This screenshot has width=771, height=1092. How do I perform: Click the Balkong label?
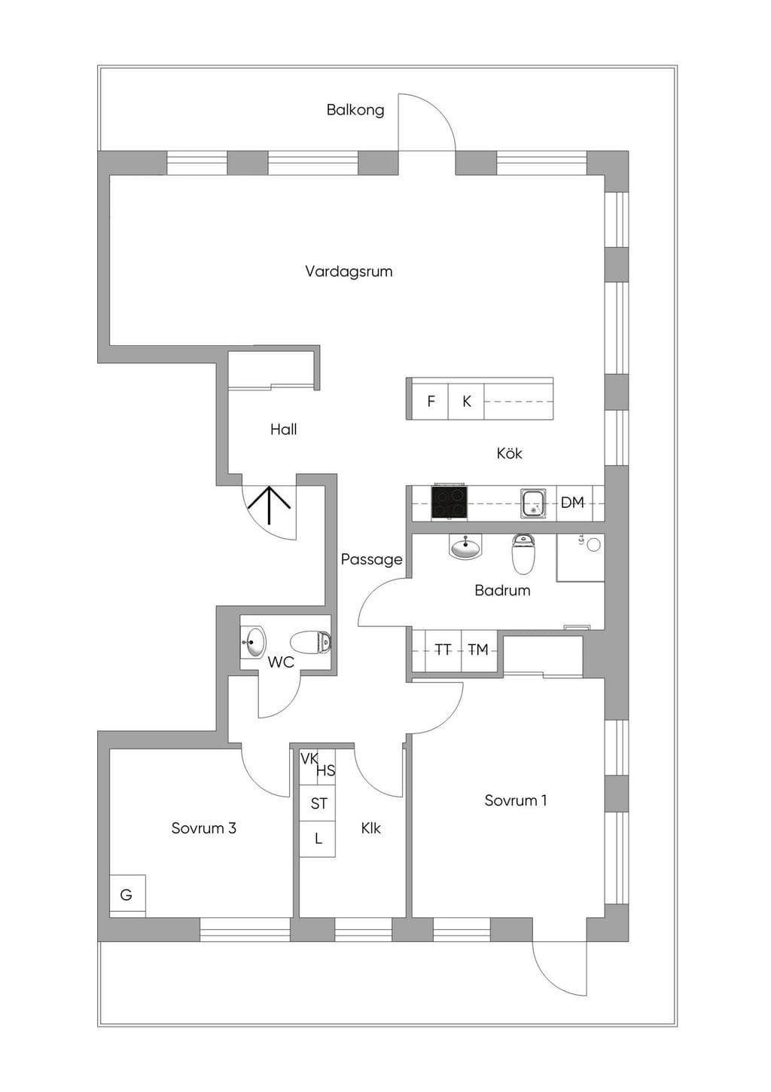point(355,110)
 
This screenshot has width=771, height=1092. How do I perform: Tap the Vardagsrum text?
point(349,271)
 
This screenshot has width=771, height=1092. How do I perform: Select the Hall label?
point(283,430)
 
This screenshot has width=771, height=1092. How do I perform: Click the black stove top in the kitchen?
point(449,502)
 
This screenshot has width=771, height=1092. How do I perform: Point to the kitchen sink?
point(533,503)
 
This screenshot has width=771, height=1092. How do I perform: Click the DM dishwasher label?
point(572,503)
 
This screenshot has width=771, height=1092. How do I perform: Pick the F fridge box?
point(430,401)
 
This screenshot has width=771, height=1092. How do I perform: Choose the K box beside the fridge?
point(466,401)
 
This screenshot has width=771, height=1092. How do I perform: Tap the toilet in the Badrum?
point(523,553)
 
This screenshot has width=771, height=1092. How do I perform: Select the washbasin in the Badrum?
point(465,546)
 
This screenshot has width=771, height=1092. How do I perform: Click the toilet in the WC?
point(311,642)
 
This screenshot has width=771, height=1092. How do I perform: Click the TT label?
point(443,650)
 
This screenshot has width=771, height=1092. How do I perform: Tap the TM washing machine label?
point(478,650)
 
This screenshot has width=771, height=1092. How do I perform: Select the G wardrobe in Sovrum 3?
point(127,894)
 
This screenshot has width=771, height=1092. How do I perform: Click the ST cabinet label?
point(318,803)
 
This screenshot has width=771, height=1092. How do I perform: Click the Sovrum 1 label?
point(515,800)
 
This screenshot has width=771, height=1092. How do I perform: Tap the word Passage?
point(372,560)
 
